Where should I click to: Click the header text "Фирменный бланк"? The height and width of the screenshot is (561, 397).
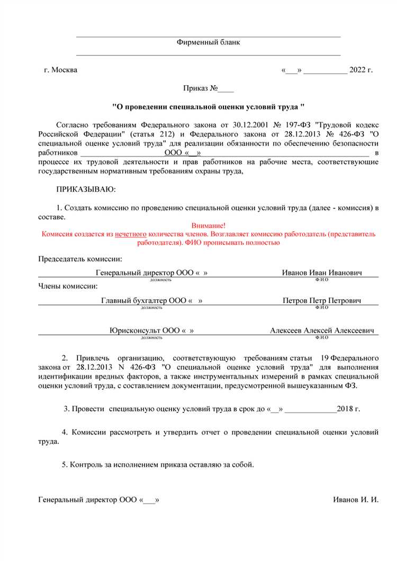click(208, 42)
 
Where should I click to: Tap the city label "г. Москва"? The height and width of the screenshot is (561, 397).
click(60, 70)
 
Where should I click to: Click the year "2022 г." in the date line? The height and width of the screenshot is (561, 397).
click(362, 70)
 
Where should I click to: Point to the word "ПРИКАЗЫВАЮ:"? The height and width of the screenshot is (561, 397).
click(85, 189)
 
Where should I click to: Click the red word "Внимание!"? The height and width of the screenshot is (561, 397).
click(208, 225)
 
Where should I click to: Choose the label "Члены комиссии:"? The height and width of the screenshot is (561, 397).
click(68, 286)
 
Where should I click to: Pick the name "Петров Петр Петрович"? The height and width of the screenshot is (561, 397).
click(322, 300)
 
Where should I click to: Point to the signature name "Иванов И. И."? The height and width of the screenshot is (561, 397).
click(356, 500)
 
